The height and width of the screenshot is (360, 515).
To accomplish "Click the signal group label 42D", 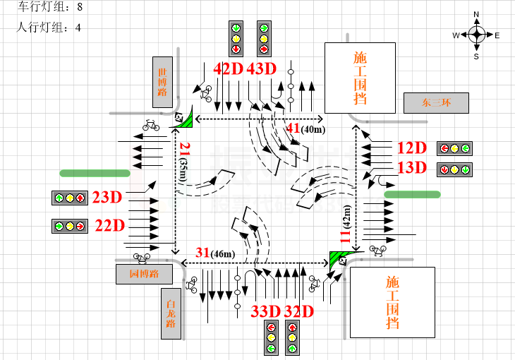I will coord(228,69).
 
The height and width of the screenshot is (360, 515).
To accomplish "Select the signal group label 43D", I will coord(261,69).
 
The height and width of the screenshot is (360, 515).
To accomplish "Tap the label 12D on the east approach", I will coord(412,148).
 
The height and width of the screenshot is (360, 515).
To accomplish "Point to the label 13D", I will coord(412,168).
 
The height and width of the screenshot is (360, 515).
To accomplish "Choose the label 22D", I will coord(110,226).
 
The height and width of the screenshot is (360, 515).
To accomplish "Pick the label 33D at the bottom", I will coord(266,311).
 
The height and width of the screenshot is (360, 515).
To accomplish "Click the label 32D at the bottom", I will coord(298,311).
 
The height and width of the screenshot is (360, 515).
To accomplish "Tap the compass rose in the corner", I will coord(476,35).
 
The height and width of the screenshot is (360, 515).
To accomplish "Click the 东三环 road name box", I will coord(436,103).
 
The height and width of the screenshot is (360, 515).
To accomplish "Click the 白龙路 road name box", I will coord(170,313).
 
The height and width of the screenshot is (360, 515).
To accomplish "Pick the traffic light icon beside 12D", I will coord(454,148).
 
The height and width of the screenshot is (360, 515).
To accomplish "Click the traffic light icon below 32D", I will coord(292,337).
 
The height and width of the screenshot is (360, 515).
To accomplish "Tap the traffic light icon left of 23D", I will coord(69,198).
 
